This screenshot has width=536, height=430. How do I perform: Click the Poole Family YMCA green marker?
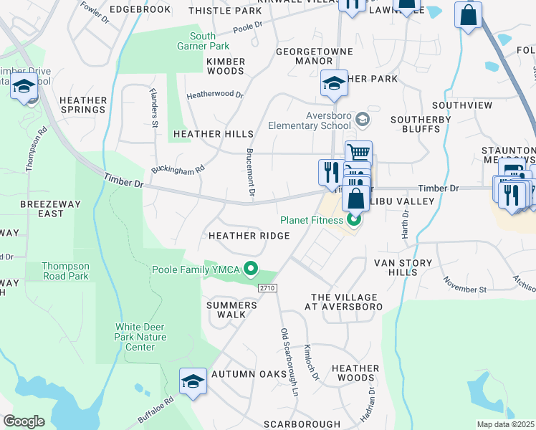pos(250,269)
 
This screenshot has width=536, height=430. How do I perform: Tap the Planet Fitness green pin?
pos(353,220)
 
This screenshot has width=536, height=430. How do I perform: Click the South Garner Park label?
pos(202,42)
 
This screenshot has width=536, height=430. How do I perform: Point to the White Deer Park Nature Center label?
pos(141,337)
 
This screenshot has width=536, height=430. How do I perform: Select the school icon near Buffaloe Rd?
pos(193,381)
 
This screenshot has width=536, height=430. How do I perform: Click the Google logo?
pos(24,421)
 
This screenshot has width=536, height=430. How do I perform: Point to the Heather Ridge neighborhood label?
pos(249,236)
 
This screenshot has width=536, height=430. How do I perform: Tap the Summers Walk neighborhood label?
pos(231,310)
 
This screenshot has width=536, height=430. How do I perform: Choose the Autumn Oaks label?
pos(245,374)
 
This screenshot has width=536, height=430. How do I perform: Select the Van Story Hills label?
pos(396,267)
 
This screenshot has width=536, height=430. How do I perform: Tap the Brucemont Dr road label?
pos(251,173)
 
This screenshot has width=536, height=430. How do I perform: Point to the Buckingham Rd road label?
pos(178,170)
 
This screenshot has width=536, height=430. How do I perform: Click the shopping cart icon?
pos(358,152)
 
